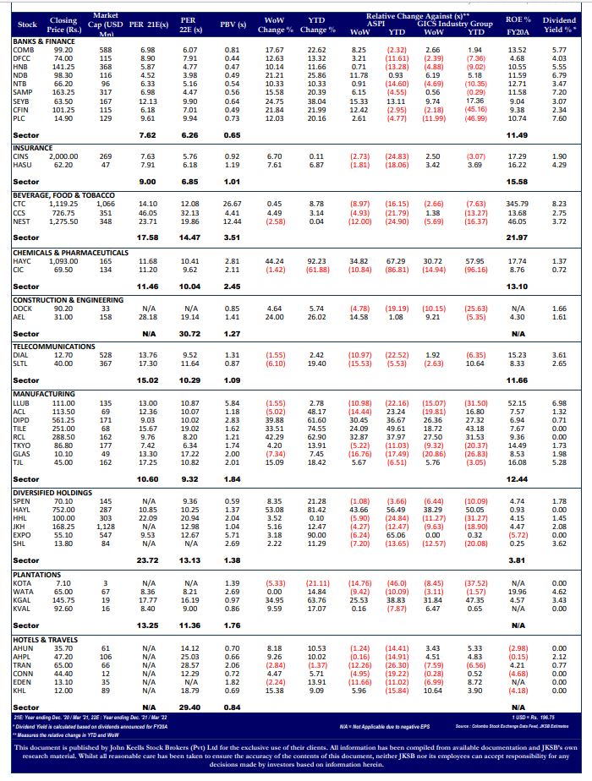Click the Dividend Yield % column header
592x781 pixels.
pyautogui.click(x=559, y=25)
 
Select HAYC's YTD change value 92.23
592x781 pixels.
pyautogui.click(x=317, y=261)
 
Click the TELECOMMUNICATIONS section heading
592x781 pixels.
pyautogui.click(x=54, y=347)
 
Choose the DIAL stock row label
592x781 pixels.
pyautogui.click(x=21, y=355)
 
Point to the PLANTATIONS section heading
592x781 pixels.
pyautogui.click(x=39, y=575)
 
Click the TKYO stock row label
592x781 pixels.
pyautogui.click(x=22, y=445)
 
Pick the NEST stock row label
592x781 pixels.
pyautogui.click(x=22, y=221)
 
